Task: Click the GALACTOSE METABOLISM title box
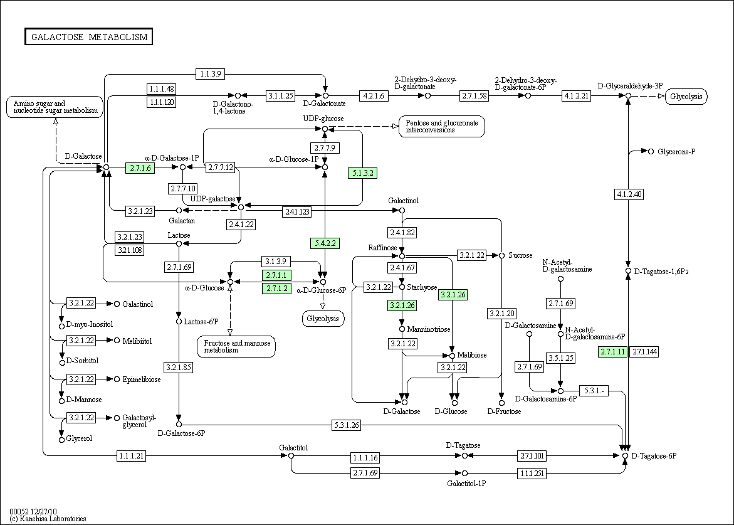click(x=89, y=37)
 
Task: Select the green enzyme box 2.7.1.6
click(x=140, y=167)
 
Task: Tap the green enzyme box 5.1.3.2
click(x=363, y=173)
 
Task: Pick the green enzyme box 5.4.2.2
click(x=325, y=243)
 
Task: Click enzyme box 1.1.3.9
click(x=211, y=73)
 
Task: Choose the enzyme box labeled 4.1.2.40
click(x=629, y=194)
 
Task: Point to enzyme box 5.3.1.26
click(x=347, y=425)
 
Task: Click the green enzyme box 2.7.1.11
click(x=613, y=352)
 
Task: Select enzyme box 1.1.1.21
click(x=132, y=455)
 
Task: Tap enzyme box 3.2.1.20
click(x=501, y=314)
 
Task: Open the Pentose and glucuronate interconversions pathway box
click(x=441, y=127)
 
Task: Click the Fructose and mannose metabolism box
click(x=237, y=347)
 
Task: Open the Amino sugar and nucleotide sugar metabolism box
click(x=55, y=107)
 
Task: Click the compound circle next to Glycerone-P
click(x=651, y=151)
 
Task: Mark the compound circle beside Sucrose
click(x=502, y=255)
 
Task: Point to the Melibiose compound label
click(x=472, y=355)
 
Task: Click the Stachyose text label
click(x=422, y=287)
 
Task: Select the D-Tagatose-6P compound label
click(x=654, y=455)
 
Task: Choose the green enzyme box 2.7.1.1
click(x=276, y=275)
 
